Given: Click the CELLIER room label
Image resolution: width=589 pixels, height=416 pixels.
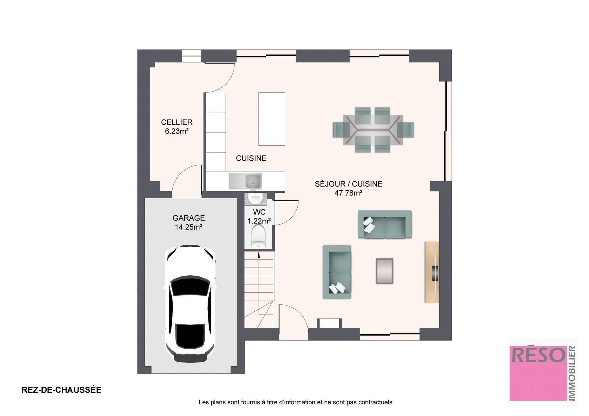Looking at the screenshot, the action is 177,122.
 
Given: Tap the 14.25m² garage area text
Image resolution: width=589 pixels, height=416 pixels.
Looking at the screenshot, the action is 188,227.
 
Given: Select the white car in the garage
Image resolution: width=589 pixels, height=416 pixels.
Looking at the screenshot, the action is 190,304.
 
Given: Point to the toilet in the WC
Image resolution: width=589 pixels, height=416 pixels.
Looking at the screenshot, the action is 258,236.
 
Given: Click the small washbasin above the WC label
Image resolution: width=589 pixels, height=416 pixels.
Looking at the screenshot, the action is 255,199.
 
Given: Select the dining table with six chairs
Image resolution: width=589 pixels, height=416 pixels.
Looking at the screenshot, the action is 373,130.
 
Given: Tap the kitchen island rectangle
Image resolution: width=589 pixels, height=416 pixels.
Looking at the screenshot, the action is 271,119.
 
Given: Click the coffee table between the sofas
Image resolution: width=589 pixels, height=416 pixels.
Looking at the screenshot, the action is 384,271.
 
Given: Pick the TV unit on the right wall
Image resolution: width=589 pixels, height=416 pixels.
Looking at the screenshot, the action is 432,272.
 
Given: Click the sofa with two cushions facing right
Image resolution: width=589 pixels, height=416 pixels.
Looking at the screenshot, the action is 337,272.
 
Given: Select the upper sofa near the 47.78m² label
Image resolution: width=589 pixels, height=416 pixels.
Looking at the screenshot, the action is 385,224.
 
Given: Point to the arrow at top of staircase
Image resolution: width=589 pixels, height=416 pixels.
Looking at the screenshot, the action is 259,255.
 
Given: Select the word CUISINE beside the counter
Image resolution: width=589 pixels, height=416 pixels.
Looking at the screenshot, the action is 251,158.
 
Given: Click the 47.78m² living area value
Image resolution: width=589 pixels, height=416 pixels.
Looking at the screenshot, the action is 348,193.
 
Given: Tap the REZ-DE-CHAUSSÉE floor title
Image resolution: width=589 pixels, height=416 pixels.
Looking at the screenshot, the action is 61,390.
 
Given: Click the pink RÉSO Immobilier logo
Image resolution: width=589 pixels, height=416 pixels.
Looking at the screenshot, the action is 542,373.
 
